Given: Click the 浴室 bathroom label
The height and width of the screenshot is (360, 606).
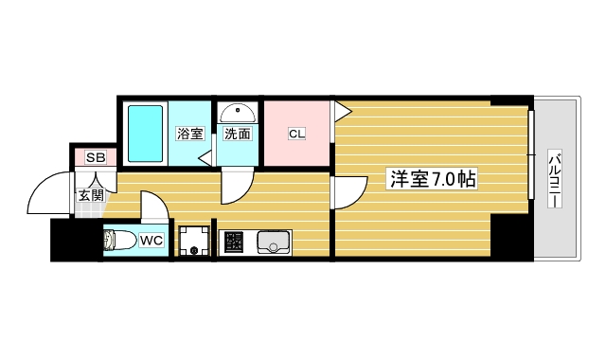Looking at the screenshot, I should [x=189, y=134].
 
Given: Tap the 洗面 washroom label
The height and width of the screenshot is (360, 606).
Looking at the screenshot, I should [x=237, y=134].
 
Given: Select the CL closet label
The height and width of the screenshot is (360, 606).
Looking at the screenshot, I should [x=296, y=134].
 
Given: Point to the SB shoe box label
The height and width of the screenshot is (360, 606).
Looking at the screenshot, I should [x=95, y=157].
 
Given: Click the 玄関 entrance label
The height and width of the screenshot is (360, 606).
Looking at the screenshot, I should [x=91, y=196].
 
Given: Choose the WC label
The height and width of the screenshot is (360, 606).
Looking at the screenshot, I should [x=151, y=241].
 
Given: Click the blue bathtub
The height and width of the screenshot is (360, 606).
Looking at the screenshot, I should [x=145, y=134].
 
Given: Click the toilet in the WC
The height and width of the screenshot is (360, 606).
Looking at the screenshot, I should [x=119, y=241].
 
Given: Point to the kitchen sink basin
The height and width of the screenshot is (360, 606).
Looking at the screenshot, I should [x=272, y=243].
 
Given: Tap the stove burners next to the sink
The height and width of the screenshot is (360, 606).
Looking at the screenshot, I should [x=233, y=243].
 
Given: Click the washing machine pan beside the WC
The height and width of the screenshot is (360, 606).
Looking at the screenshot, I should [x=194, y=241].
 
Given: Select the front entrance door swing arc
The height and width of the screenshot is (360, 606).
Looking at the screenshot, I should [x=47, y=194].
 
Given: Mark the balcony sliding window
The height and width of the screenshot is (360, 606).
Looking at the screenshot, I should [x=531, y=156].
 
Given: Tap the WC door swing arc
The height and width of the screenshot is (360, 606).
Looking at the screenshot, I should [x=151, y=207].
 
